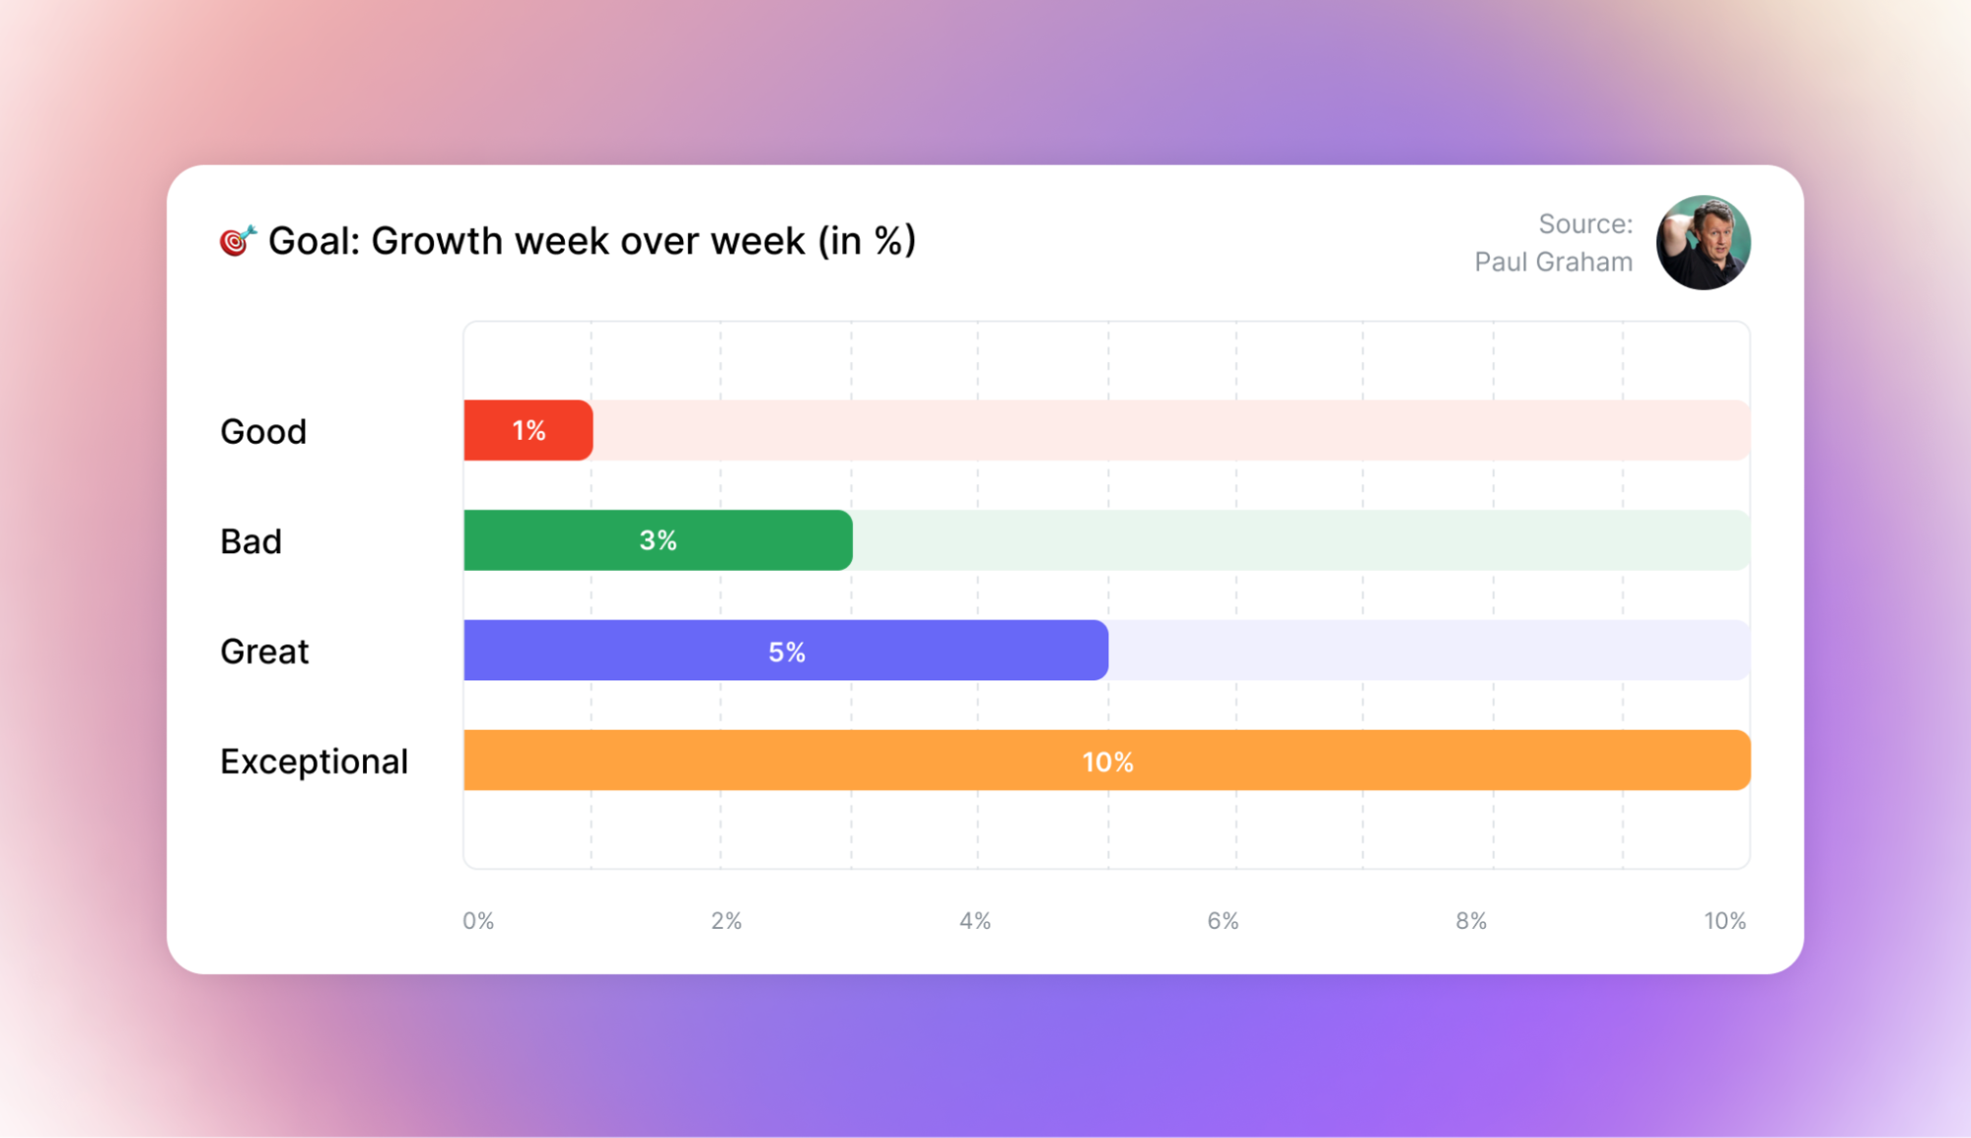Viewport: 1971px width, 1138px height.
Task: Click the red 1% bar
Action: [528, 430]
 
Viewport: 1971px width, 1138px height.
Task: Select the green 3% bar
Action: [658, 540]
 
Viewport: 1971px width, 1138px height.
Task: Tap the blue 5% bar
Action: [786, 651]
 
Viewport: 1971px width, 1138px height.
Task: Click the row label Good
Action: [263, 432]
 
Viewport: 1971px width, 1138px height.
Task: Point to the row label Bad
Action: [250, 541]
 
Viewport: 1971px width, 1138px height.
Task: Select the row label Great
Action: [264, 652]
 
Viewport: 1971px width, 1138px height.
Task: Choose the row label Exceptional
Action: [314, 761]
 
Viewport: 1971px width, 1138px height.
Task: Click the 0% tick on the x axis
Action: [478, 921]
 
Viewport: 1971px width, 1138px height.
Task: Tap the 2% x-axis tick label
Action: [727, 921]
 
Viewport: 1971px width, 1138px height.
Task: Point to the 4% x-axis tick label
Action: [975, 921]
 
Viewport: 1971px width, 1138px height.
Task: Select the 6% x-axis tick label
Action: [1223, 921]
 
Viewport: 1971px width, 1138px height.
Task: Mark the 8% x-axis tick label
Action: [1471, 921]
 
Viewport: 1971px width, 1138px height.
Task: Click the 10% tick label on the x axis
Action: [1725, 921]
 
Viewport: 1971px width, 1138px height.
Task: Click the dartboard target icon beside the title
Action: [238, 240]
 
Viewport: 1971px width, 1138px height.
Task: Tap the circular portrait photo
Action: [1703, 243]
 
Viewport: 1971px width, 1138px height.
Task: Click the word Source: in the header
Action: [1585, 224]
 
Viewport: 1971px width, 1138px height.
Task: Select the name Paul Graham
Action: [1553, 262]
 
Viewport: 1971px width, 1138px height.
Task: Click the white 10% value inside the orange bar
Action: [1107, 762]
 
